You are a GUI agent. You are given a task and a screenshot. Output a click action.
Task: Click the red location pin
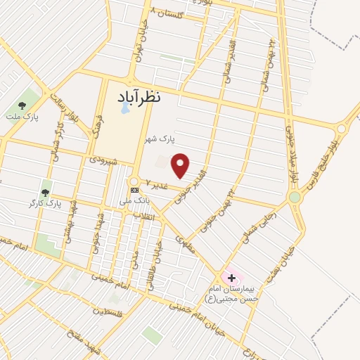(181, 165)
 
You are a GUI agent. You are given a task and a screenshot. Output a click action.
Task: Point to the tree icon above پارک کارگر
(46, 192)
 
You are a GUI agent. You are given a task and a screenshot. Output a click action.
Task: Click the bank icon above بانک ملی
(135, 191)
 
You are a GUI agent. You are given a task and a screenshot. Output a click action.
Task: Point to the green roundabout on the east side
(295, 198)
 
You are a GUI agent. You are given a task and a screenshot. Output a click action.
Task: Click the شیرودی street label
(102, 160)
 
